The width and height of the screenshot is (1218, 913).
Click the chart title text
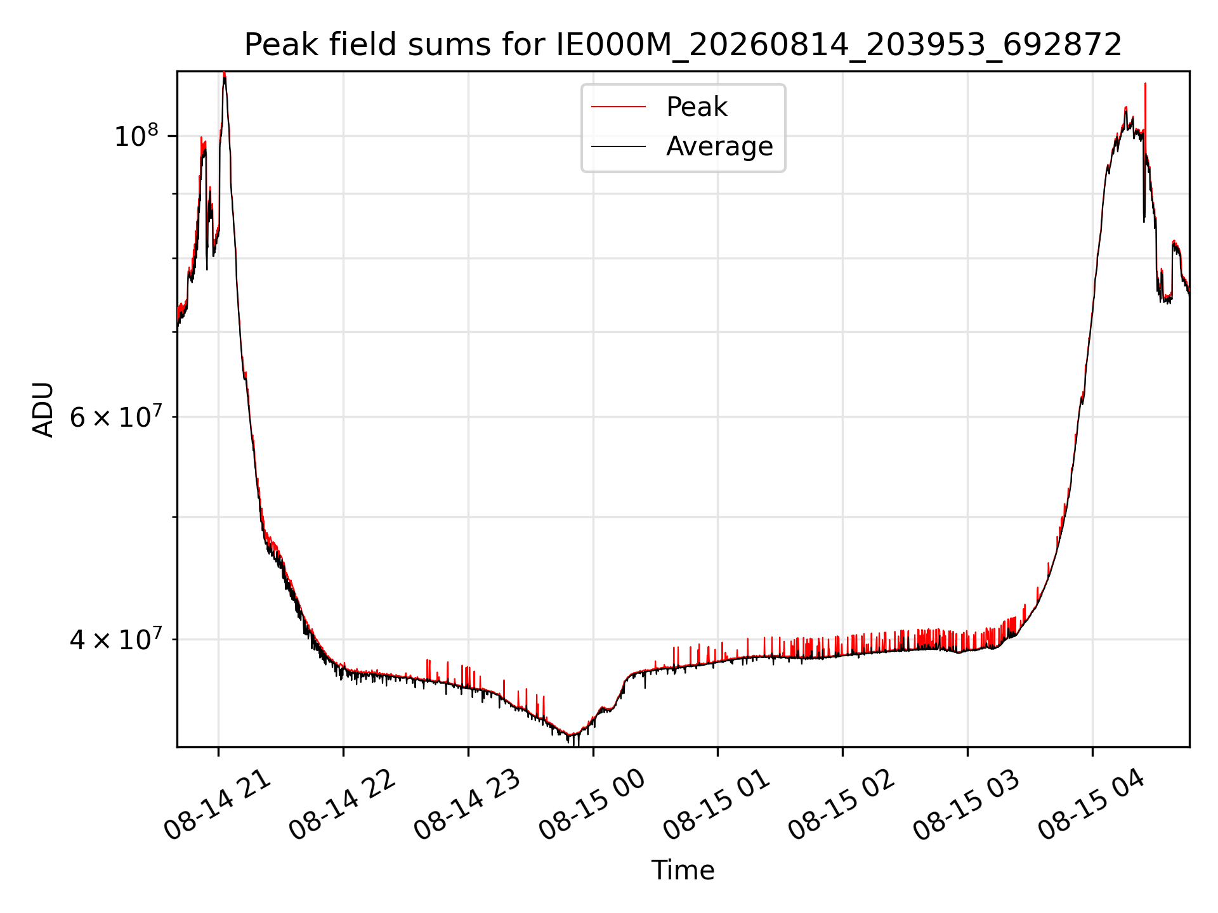(683, 45)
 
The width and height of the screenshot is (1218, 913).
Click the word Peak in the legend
(697, 107)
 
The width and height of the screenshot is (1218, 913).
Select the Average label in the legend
(719, 146)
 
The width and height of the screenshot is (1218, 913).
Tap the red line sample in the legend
(619, 107)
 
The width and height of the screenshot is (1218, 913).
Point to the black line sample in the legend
(619, 146)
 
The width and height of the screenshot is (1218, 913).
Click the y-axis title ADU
(43, 410)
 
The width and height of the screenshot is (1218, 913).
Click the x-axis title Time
(683, 871)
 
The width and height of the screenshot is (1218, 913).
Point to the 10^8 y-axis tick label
(136, 136)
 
